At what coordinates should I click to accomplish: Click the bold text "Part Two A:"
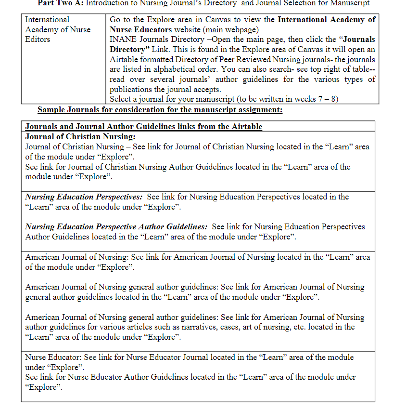click(62, 3)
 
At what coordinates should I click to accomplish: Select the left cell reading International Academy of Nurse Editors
click(58, 29)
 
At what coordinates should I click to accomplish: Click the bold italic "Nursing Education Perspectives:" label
click(84, 197)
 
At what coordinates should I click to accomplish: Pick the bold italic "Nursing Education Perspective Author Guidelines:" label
click(116, 227)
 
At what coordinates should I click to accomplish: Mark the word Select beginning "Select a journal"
click(121, 99)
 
